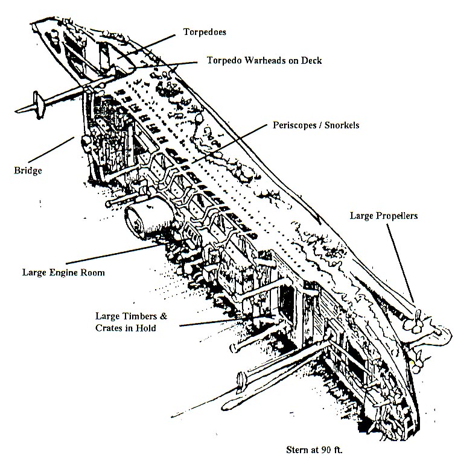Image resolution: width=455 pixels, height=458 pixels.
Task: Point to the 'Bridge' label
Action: [x=28, y=171]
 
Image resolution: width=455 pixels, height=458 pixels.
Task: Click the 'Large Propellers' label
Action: [x=384, y=216]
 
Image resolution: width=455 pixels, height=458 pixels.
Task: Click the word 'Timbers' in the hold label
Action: [x=146, y=315]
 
